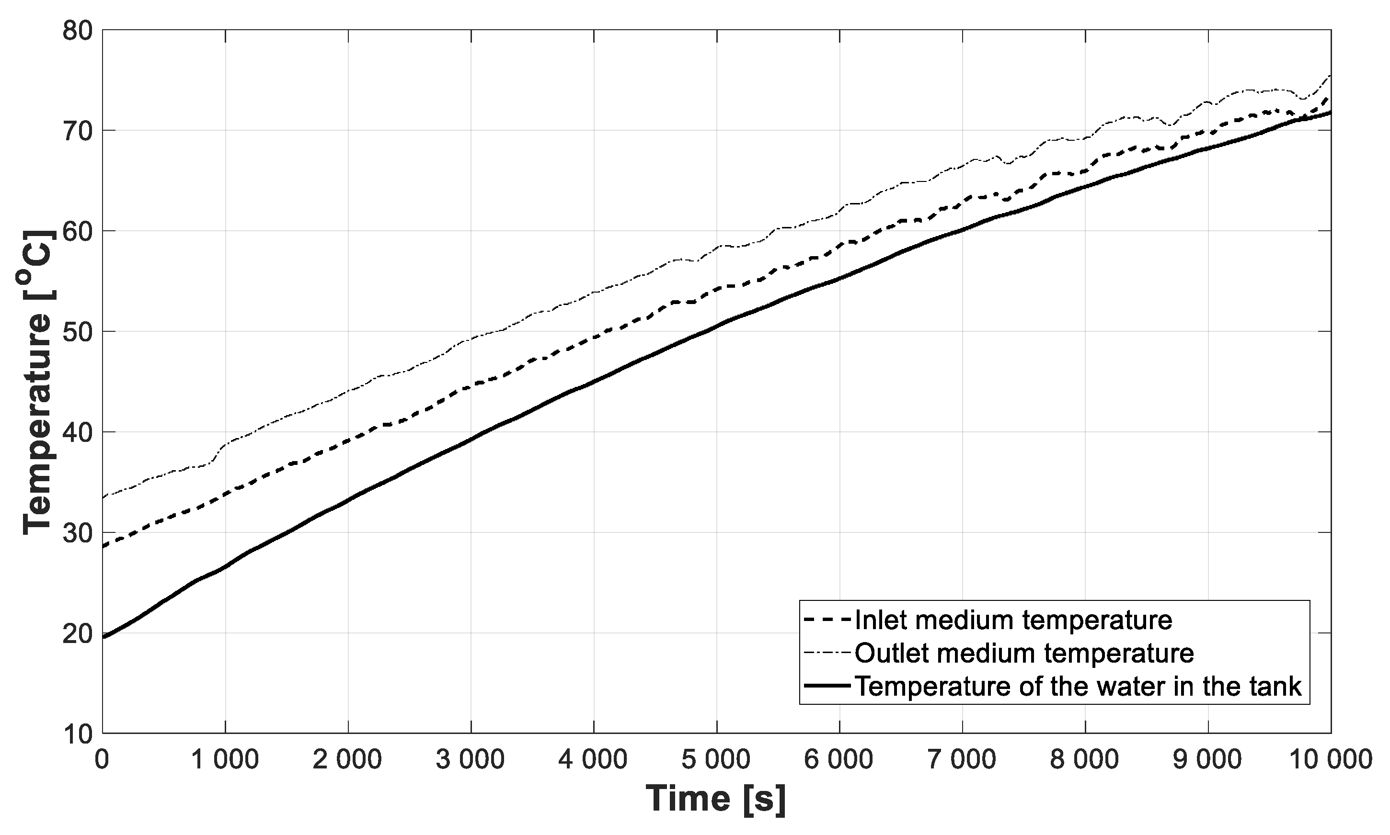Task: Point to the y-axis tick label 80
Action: pyautogui.click(x=77, y=30)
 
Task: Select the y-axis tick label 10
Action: pyautogui.click(x=77, y=733)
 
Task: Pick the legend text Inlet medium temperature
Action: pyautogui.click(x=1013, y=620)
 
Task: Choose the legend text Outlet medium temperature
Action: pyautogui.click(x=1024, y=653)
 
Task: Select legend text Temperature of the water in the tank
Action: pyautogui.click(x=1078, y=686)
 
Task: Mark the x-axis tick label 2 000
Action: pyautogui.click(x=347, y=760)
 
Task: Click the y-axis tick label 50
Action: pyautogui.click(x=77, y=332)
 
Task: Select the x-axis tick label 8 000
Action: pyautogui.click(x=1084, y=760)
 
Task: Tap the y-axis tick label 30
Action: pyautogui.click(x=77, y=533)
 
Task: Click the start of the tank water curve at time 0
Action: pyautogui.click(x=103, y=637)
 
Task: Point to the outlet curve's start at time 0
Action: pyautogui.click(x=103, y=497)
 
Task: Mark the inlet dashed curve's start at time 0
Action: pyautogui.click(x=103, y=546)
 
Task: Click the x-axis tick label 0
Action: pyautogui.click(x=102, y=760)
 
